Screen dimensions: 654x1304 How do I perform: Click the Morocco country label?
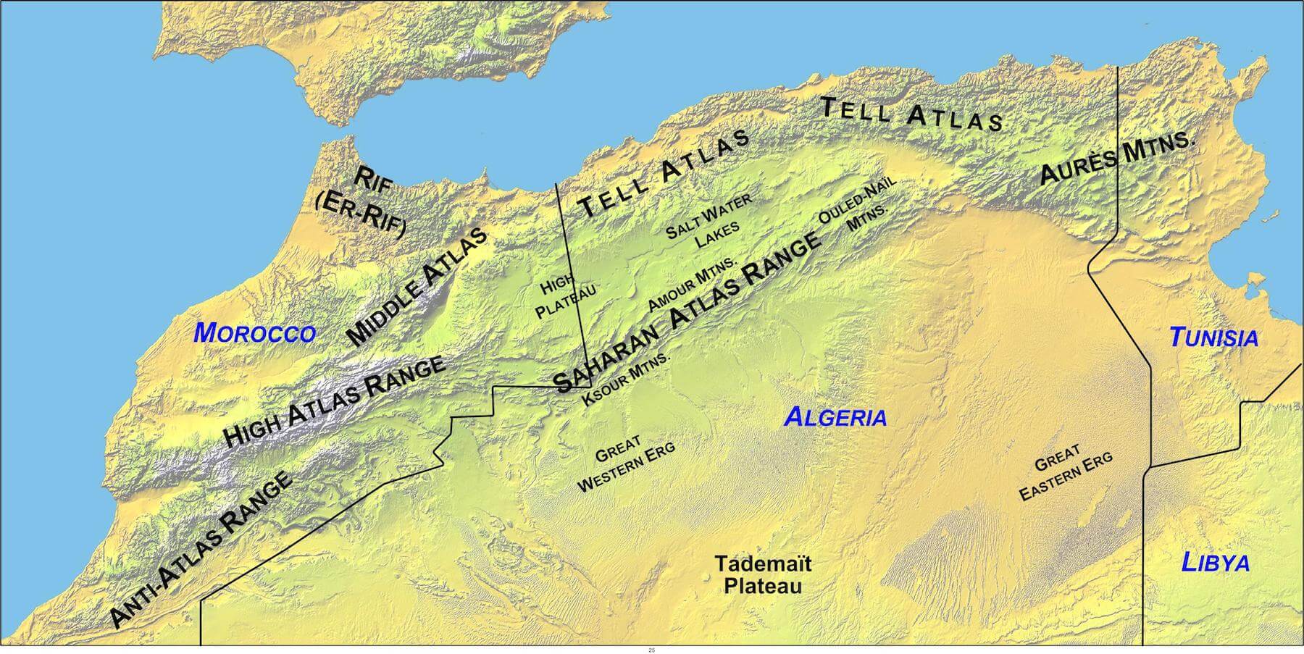255,333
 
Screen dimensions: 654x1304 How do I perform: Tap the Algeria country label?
835,417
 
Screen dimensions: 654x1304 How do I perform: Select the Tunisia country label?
1213,338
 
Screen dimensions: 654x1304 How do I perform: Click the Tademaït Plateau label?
763,574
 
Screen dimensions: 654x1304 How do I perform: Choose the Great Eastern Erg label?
1065,472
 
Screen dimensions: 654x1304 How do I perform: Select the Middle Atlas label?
416,287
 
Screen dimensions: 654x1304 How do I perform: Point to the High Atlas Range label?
335,403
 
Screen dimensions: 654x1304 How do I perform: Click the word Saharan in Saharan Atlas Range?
607,358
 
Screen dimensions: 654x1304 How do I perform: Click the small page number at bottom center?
652,650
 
